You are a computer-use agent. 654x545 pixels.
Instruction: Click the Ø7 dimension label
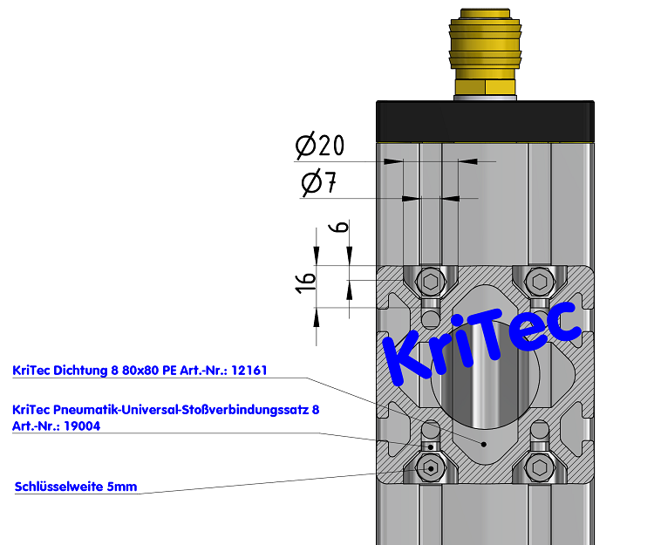(x=318, y=184)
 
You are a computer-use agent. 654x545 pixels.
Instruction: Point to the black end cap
(x=486, y=121)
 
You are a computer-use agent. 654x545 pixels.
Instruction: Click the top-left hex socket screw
(x=431, y=282)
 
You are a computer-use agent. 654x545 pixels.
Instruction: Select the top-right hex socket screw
(x=540, y=282)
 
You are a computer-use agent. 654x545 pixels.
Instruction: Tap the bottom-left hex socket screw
(x=431, y=467)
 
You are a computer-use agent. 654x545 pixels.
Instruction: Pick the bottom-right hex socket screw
(x=540, y=467)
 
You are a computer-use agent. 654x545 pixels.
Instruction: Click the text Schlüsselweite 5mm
(x=76, y=487)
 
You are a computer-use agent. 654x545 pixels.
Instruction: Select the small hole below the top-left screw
(x=430, y=312)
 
